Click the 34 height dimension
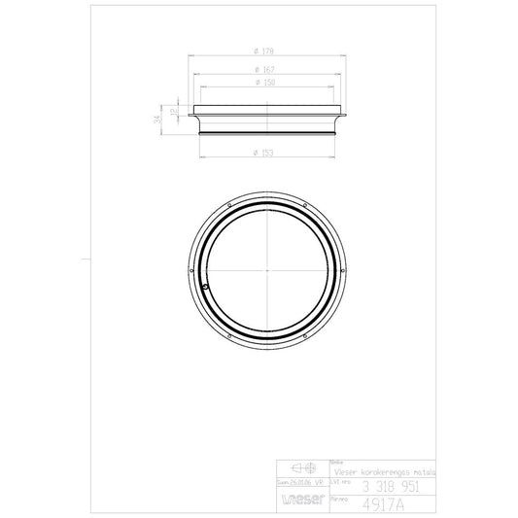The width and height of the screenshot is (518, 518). [157, 120]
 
